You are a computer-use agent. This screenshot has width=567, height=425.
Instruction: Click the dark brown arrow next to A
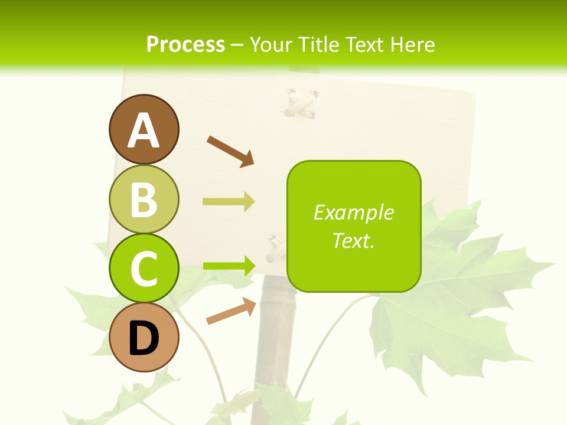(230, 151)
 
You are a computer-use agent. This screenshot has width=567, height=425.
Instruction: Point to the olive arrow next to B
(229, 202)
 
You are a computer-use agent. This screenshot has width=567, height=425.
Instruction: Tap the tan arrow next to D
(231, 312)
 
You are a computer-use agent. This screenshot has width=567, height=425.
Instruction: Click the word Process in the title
(185, 44)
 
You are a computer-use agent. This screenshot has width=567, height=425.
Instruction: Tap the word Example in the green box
(353, 212)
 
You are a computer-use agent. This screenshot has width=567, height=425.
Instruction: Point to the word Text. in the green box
(353, 240)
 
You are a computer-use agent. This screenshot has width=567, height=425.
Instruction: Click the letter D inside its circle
(144, 339)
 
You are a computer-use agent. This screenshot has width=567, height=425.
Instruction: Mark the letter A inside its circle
(144, 130)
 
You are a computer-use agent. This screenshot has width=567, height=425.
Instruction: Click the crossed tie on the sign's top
(301, 103)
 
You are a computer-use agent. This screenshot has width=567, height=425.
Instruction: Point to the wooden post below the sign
(275, 348)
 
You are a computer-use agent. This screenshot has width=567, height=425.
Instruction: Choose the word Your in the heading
(272, 44)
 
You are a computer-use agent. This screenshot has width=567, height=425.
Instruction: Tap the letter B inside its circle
(144, 200)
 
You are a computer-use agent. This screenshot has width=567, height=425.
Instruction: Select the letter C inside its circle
(144, 269)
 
